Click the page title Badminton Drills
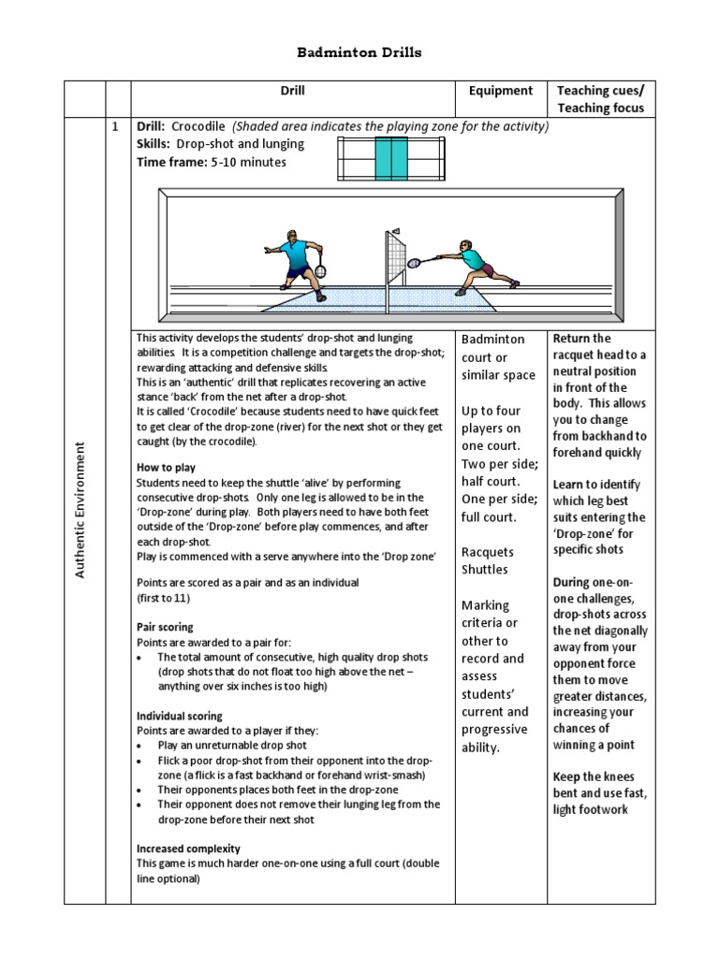359,52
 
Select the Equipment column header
501,91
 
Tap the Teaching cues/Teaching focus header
600,99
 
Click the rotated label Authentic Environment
81,509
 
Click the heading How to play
166,467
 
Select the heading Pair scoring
165,627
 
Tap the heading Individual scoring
179,716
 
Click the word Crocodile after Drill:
198,126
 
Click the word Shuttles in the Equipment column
485,569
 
